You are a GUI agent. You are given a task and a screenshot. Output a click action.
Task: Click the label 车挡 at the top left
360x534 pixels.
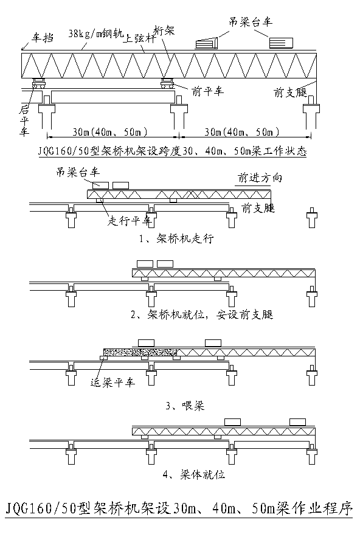(x=43, y=37)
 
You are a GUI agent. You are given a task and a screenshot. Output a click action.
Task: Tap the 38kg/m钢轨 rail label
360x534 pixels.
(x=96, y=33)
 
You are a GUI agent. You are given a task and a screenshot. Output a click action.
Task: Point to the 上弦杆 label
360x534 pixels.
(x=140, y=38)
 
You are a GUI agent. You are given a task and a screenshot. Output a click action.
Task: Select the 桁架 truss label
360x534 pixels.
(x=164, y=30)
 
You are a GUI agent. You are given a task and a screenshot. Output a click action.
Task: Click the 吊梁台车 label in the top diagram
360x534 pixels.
(x=251, y=22)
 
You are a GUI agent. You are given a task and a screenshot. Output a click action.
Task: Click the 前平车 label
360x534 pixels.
(x=207, y=91)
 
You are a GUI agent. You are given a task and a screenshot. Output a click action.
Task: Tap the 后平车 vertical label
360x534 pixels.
(x=24, y=120)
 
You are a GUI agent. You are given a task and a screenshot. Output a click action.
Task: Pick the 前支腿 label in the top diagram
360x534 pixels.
(x=290, y=92)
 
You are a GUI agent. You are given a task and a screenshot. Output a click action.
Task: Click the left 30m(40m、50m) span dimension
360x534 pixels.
(x=109, y=132)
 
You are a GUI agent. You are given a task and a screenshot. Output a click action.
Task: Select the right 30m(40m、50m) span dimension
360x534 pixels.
(x=241, y=132)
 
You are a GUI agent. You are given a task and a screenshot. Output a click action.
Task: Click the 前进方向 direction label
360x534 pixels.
(x=260, y=178)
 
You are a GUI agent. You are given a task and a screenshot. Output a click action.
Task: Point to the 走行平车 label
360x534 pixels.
(x=129, y=221)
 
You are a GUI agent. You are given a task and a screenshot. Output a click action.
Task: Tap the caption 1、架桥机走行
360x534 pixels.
(x=176, y=238)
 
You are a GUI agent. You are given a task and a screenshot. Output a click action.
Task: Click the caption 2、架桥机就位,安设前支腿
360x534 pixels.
(x=202, y=314)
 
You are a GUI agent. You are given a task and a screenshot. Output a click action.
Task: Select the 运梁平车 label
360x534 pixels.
(x=112, y=383)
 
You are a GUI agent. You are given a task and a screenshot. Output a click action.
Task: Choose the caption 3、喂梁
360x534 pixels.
(x=185, y=406)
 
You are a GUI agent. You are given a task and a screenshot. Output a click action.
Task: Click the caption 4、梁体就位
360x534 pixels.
(x=194, y=474)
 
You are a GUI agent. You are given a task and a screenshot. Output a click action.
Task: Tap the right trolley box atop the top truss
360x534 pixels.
(x=281, y=43)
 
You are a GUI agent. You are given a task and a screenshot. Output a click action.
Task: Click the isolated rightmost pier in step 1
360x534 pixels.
(x=311, y=218)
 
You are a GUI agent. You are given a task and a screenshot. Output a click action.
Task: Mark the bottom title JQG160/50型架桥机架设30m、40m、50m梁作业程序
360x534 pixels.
(x=179, y=508)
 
